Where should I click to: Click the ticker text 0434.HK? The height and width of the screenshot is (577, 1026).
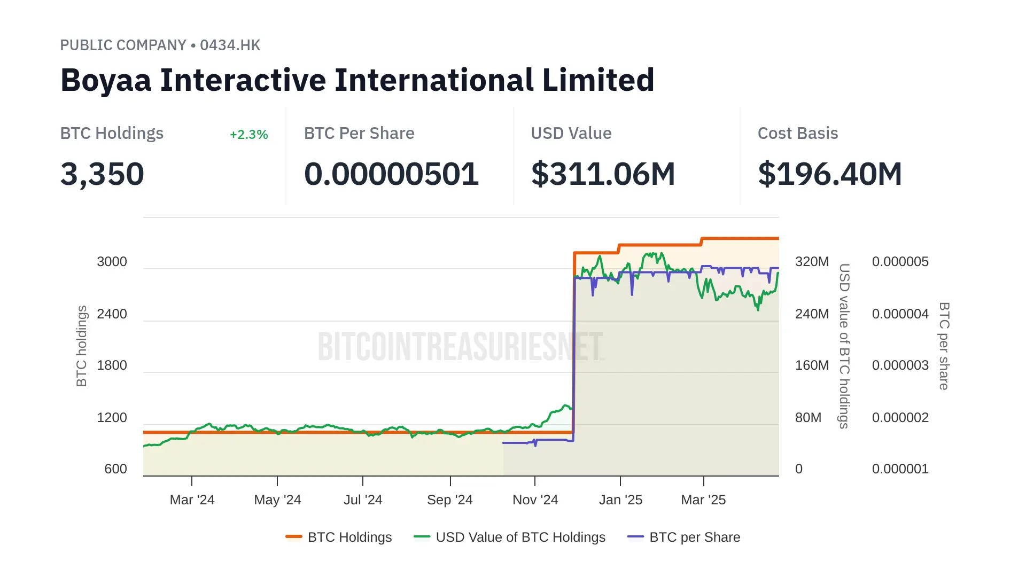[230, 45]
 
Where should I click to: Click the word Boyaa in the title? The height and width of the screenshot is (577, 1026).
[106, 80]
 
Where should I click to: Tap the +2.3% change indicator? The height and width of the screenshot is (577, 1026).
[248, 135]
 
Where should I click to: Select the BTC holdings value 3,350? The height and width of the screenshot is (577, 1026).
[102, 174]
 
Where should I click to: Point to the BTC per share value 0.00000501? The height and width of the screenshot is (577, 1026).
[391, 174]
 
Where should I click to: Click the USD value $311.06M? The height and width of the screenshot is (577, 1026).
[603, 174]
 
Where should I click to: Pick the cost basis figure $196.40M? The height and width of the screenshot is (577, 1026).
[830, 174]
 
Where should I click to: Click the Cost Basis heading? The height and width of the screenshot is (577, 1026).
[797, 134]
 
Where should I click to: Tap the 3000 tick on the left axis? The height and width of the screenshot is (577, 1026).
[112, 262]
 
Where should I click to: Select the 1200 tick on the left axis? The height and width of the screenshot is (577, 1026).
[112, 418]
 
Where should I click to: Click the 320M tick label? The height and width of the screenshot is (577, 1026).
[812, 262]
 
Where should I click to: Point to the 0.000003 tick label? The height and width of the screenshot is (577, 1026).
[900, 365]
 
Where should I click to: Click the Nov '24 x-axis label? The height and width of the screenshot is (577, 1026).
[535, 500]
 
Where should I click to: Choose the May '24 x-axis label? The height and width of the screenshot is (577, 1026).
[277, 500]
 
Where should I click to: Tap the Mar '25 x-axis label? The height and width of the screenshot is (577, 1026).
[703, 500]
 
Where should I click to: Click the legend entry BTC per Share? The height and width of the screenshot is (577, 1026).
[694, 537]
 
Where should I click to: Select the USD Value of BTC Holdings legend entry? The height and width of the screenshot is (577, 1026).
[520, 537]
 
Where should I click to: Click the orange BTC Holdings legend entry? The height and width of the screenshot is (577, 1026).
[349, 537]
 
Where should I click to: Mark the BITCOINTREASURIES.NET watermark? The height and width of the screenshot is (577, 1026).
[460, 346]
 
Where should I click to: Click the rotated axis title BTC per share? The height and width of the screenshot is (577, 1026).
[944, 346]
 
